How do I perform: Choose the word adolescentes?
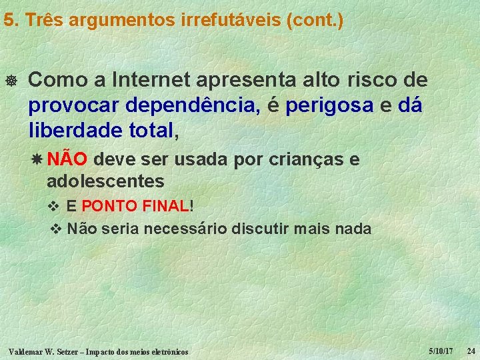(105, 181)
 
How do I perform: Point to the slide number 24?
(471, 351)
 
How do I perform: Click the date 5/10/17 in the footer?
(441, 351)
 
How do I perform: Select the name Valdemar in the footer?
(25, 351)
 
